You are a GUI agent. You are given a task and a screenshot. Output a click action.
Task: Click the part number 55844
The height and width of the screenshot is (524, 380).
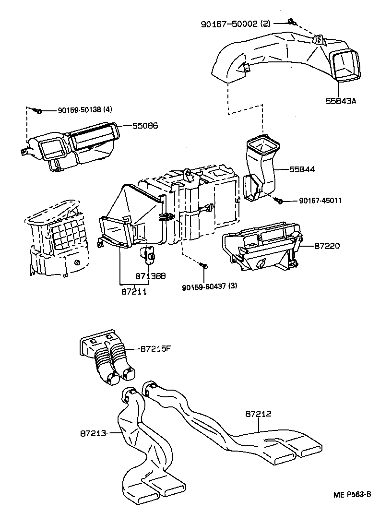point(302,169)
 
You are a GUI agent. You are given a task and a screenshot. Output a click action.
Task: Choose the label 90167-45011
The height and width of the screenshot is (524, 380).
point(313,201)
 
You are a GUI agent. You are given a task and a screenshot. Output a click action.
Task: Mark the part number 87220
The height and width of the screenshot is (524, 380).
point(327,246)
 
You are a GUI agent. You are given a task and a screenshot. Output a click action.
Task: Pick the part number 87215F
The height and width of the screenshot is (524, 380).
point(156,349)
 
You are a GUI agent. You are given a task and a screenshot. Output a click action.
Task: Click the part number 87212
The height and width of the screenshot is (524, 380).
point(259,413)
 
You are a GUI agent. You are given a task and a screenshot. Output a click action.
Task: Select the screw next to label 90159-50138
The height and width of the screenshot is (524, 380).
point(39,111)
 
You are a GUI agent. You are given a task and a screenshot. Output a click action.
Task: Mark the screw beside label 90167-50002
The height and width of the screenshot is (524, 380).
point(291,21)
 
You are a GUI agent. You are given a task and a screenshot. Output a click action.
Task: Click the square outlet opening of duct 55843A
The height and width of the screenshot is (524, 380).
point(345,65)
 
